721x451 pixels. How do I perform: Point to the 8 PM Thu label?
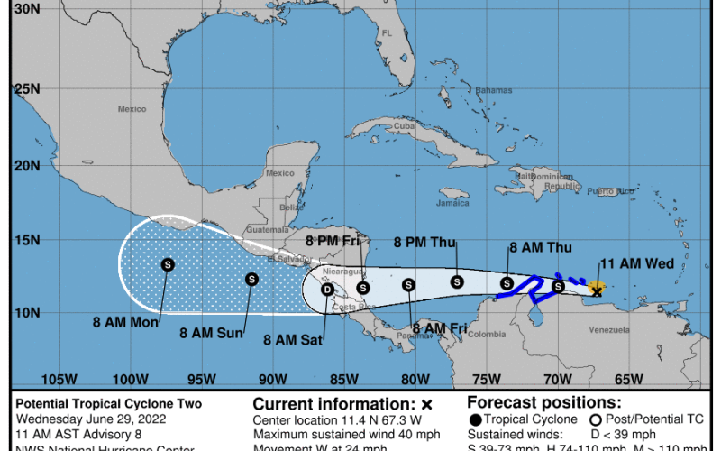point(426,242)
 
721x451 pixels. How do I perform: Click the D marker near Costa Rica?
point(328,290)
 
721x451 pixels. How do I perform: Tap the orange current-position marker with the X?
point(596,289)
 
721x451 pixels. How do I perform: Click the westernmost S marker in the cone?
point(167,264)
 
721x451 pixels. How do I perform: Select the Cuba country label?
point(403,126)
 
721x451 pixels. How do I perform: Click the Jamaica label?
point(452,203)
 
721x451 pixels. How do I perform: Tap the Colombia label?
point(487,335)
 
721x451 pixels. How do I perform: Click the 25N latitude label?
point(20,89)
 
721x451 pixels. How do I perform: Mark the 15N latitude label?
point(20,240)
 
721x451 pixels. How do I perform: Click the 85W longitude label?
point(342,379)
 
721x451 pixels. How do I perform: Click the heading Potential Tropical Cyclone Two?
point(107,403)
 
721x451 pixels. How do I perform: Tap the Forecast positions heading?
point(544,403)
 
